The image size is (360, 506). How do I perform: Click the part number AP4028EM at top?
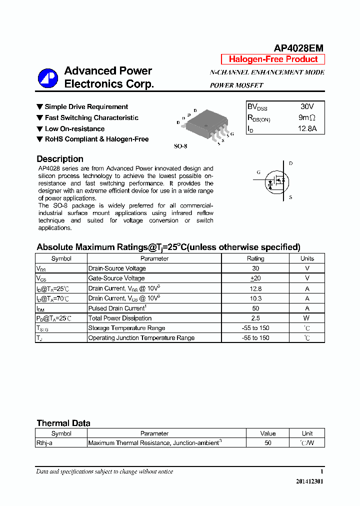click(x=298, y=48)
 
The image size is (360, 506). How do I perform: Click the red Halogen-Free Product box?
click(x=273, y=59)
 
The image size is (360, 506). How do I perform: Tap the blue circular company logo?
click(x=48, y=78)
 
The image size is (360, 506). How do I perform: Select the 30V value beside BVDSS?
click(x=307, y=107)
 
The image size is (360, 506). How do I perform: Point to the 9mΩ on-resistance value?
click(x=306, y=118)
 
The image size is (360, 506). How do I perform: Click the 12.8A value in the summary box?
click(x=307, y=129)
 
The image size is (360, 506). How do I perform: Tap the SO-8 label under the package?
click(x=180, y=146)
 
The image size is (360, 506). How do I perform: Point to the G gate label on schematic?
click(x=258, y=172)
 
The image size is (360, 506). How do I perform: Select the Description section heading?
click(x=60, y=159)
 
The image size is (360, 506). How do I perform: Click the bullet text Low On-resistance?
click(x=74, y=128)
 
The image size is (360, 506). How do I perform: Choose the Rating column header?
click(x=255, y=258)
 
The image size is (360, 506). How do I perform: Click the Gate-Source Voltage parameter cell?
click(x=116, y=278)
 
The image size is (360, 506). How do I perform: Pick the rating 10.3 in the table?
click(x=255, y=298)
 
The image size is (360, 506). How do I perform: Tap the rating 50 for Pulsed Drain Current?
click(x=255, y=308)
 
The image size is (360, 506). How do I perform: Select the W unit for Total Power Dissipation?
click(x=307, y=318)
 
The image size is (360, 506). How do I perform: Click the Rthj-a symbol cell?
click(x=44, y=443)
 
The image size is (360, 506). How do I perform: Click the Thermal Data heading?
click(x=63, y=423)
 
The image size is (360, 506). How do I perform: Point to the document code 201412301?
click(x=309, y=481)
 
